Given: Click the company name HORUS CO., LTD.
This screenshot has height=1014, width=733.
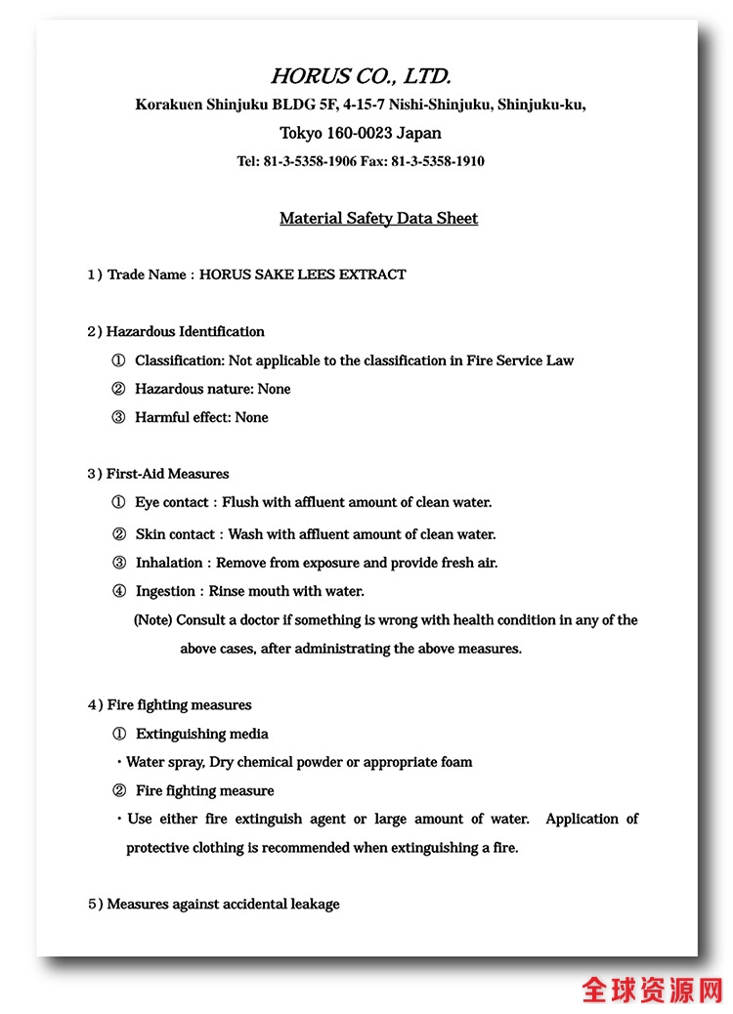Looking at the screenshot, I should (361, 76).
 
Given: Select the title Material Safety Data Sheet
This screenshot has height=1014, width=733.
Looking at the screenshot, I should (378, 218).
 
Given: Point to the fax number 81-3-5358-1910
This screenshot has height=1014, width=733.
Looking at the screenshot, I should (438, 161).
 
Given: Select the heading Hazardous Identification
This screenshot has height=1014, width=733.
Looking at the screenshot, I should (185, 331).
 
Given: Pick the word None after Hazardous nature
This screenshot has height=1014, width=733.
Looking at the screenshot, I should (274, 389).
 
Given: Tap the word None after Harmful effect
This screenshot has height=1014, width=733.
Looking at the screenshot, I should (251, 417).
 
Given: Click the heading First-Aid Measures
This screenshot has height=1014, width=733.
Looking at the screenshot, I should (167, 474).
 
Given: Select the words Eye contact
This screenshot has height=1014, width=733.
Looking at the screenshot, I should (171, 502).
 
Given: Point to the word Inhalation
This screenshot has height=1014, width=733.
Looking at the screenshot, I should (168, 563).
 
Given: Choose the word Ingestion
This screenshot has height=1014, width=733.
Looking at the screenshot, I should (165, 591).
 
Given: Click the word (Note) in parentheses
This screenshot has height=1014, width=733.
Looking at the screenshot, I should (152, 620).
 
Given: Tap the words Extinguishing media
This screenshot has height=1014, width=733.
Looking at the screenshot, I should (201, 734).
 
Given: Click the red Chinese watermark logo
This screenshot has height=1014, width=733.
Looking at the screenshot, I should (652, 989).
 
